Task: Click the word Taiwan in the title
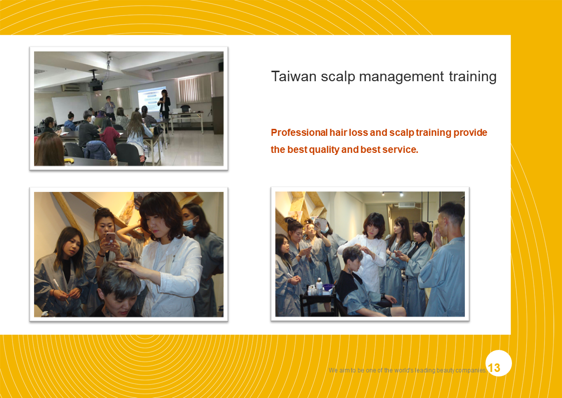294,76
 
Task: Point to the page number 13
494,367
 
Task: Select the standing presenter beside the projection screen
164,104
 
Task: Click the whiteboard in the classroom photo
71,108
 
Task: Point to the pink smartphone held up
110,238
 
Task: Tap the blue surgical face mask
189,225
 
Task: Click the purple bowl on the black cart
328,287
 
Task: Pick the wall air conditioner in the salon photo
406,205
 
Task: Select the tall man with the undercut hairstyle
444,259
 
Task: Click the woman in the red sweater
109,136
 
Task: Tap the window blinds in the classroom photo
195,89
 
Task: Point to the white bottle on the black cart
319,286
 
